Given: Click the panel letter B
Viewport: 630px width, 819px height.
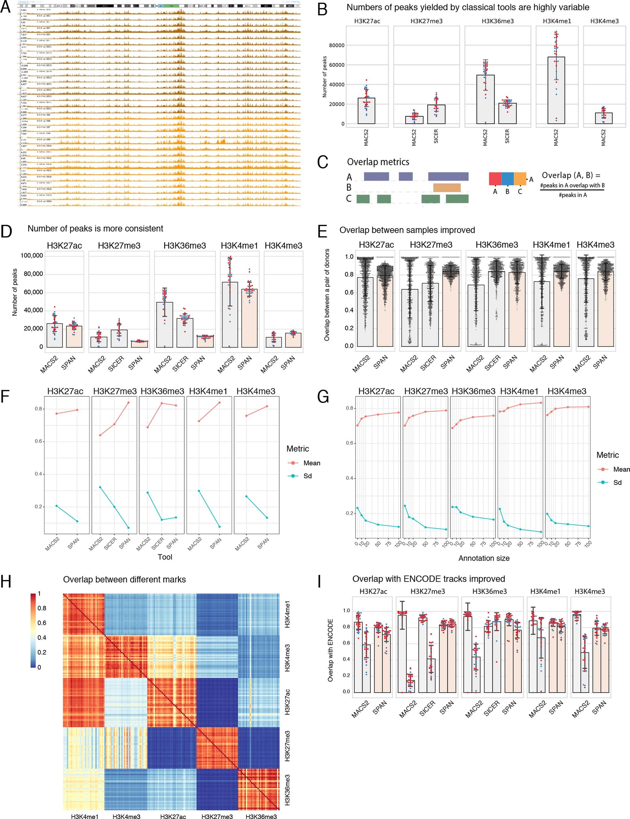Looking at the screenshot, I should pos(322,9).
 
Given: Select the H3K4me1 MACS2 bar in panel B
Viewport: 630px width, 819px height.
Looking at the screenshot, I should pos(556,90).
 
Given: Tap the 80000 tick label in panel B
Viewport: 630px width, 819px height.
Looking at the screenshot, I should pos(336,46).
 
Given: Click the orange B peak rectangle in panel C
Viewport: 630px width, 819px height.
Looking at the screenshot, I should pos(447,187).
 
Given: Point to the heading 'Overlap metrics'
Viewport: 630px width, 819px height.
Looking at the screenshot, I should pos(378,162).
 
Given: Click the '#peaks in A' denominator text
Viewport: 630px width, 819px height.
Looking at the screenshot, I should pos(572,195).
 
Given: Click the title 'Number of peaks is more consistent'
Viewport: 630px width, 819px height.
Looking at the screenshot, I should pos(95,229).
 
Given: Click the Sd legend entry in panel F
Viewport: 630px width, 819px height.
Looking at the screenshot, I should pos(307,476).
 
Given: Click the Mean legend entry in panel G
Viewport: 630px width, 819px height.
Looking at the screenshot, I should pos(621,469).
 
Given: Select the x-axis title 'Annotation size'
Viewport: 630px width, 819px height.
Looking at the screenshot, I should pos(484,558).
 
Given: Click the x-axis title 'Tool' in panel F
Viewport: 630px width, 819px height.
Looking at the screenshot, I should pos(165,557).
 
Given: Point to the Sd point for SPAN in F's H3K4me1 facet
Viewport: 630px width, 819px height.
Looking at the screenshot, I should pos(219,527).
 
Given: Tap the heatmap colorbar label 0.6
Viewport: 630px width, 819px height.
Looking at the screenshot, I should pos(42,623).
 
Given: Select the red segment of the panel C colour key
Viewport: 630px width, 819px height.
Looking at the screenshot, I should pos(495,179).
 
